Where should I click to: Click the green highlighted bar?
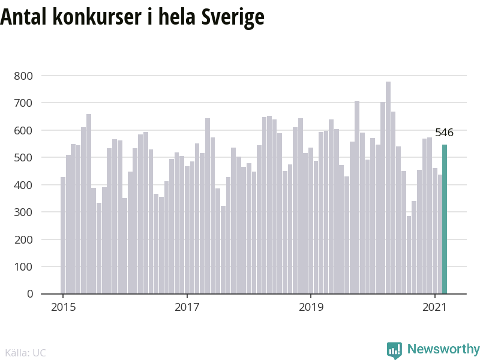point(445,219)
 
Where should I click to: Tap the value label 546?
point(445,133)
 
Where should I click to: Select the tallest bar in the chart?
point(388,187)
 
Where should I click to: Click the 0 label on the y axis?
point(29,294)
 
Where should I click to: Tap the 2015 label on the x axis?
point(63,307)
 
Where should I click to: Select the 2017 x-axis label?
point(187,307)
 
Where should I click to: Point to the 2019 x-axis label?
point(311,307)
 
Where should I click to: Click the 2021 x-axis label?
point(434,307)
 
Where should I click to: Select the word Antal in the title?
point(23,17)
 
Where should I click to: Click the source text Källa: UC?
point(25,353)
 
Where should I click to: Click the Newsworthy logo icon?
point(394,350)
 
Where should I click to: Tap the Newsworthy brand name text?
point(443,349)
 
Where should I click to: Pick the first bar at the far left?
point(63,235)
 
